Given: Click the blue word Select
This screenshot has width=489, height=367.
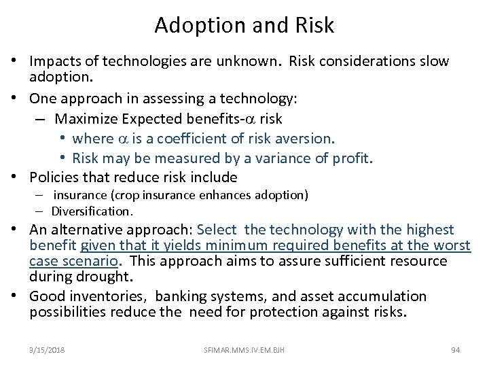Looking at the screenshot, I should click(x=235, y=230).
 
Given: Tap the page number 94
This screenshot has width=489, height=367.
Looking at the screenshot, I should click(x=456, y=349).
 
